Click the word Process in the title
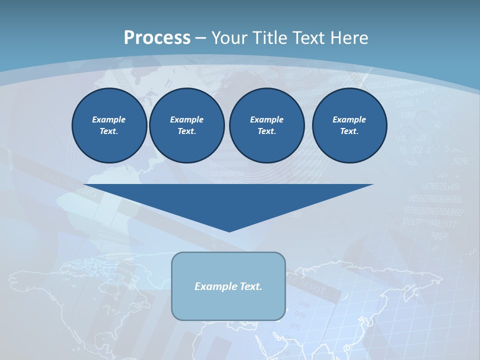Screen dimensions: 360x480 tap(157, 38)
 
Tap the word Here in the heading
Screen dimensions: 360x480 tap(348, 38)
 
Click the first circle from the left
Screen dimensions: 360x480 tap(109, 125)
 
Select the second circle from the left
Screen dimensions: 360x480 tap(186, 125)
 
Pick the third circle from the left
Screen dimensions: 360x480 tap(266, 125)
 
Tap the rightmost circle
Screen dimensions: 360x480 tap(349, 125)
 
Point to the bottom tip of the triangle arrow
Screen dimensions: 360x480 tap(229, 231)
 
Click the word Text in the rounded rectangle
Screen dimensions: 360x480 tap(250, 286)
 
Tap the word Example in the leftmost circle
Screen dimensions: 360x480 tap(109, 119)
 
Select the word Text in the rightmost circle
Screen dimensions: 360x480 tap(349, 131)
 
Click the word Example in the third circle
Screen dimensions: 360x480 tap(266, 119)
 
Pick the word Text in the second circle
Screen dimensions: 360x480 tap(186, 131)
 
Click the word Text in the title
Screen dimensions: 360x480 tap(307, 38)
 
